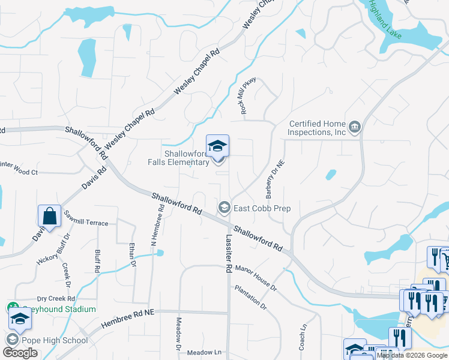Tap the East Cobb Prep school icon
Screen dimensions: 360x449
tap(224, 208)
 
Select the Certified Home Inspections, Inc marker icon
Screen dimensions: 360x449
tap(355, 127)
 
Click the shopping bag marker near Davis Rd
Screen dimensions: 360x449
tap(49, 216)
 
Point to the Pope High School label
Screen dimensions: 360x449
tap(55, 340)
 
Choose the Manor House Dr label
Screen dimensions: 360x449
tap(256, 278)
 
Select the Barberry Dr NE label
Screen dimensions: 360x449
tap(274, 179)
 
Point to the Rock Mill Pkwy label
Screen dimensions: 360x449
tap(249, 96)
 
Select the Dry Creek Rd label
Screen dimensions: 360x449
tap(56, 298)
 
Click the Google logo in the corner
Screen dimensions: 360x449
tap(21, 353)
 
